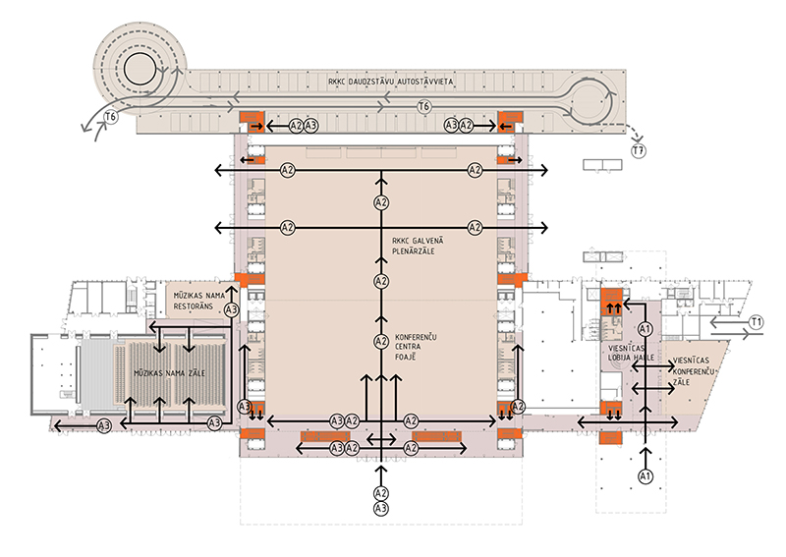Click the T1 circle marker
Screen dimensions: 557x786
point(756,322)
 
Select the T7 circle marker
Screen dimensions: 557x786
point(640,150)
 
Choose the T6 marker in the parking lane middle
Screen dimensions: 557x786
point(424,105)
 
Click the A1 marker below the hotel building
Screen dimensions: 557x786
point(646,476)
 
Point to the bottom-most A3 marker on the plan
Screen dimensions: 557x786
point(382,508)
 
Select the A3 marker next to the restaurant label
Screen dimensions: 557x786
point(232,309)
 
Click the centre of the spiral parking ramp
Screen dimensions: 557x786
point(139,67)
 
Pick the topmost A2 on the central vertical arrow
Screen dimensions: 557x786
point(382,202)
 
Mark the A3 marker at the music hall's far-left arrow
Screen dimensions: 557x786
point(103,424)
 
